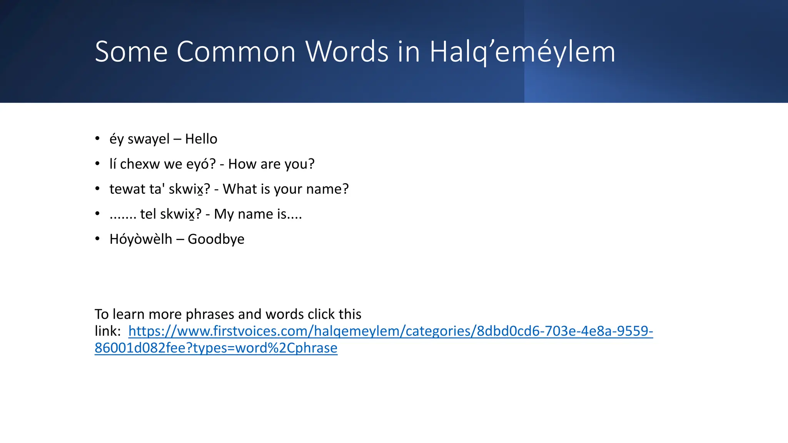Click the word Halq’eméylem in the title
[522, 52]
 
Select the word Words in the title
[347, 52]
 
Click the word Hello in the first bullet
[201, 139]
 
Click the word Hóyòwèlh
[141, 239]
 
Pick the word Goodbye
[216, 239]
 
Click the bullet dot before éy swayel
[98, 138]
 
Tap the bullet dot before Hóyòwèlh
[98, 239]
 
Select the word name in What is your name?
[327, 189]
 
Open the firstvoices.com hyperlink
[391, 331]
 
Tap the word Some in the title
[131, 52]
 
